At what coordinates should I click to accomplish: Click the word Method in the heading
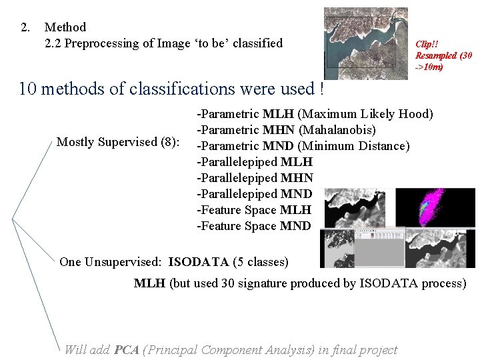(65, 27)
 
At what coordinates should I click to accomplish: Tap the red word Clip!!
(427, 44)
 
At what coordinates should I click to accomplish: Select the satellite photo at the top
(365, 43)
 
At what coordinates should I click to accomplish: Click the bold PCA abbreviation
(126, 349)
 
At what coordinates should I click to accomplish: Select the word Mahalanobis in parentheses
(342, 130)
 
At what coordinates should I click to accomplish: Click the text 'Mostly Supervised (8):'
(119, 141)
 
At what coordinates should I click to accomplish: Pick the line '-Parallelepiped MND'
(254, 194)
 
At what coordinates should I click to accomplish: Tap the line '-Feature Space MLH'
(253, 210)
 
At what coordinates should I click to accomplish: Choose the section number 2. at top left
(25, 27)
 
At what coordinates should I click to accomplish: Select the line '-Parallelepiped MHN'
(254, 178)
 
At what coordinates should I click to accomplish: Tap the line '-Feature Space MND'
(253, 226)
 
